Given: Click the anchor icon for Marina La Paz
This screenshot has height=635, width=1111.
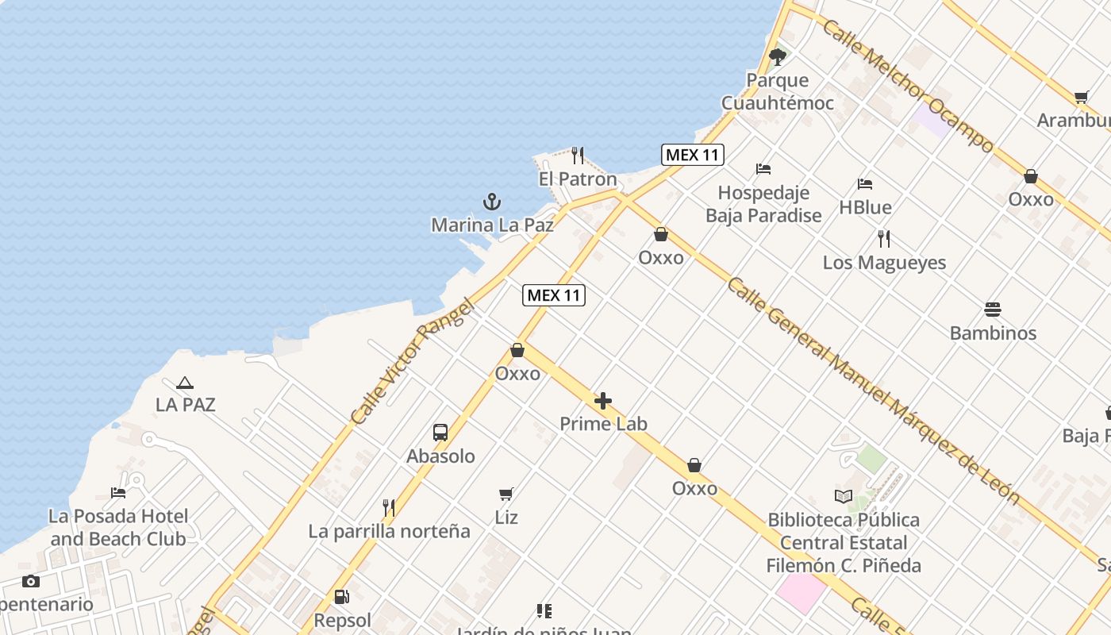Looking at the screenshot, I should pyautogui.click(x=492, y=202).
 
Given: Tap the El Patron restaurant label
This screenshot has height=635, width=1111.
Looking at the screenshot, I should pyautogui.click(x=577, y=179).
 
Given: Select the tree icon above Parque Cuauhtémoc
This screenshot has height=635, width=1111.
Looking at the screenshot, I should pyautogui.click(x=778, y=56).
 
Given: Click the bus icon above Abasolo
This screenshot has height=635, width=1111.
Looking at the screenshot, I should pyautogui.click(x=440, y=433).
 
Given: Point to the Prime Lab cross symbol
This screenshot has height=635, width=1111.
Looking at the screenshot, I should pyautogui.click(x=603, y=401).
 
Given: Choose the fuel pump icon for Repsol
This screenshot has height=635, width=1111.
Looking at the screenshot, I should pyautogui.click(x=342, y=597).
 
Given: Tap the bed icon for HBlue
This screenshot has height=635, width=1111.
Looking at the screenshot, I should pyautogui.click(x=865, y=184).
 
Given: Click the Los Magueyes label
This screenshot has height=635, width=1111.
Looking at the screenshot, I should pyautogui.click(x=884, y=263).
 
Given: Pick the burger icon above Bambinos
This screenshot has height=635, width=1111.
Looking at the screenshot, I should pyautogui.click(x=993, y=309).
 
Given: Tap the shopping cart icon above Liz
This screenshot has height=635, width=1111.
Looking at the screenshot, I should pyautogui.click(x=506, y=495).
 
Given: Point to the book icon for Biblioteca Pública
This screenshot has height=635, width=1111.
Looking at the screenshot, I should pyautogui.click(x=843, y=497).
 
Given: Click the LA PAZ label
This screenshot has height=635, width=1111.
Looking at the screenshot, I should pyautogui.click(x=185, y=405).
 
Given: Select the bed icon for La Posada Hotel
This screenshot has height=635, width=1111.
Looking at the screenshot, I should pyautogui.click(x=118, y=493).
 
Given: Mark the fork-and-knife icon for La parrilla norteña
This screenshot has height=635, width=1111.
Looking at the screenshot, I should pyautogui.click(x=389, y=507).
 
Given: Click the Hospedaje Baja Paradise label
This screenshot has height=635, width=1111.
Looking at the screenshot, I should pyautogui.click(x=763, y=204).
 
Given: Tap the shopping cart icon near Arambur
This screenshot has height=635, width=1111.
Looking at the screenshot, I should pyautogui.click(x=1081, y=98).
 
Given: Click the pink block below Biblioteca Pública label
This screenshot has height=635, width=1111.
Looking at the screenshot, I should pyautogui.click(x=800, y=593).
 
